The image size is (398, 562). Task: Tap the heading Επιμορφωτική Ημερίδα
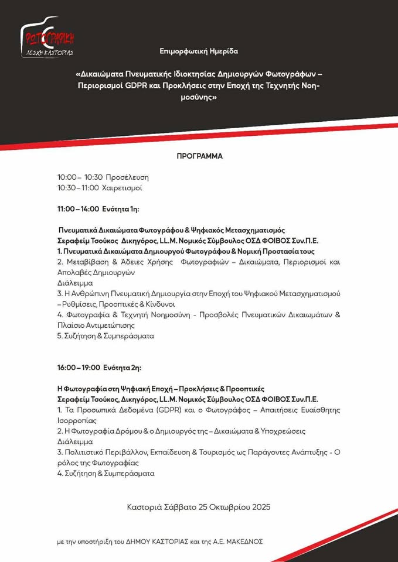(x=199, y=52)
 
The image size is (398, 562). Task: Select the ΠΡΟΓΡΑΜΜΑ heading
(x=199, y=156)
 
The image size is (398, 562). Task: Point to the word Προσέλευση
(x=128, y=177)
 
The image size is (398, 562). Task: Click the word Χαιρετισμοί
(x=122, y=188)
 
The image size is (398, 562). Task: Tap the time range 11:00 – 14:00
(x=77, y=208)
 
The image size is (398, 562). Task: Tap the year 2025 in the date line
(x=259, y=506)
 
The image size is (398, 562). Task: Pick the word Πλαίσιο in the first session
(x=71, y=325)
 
